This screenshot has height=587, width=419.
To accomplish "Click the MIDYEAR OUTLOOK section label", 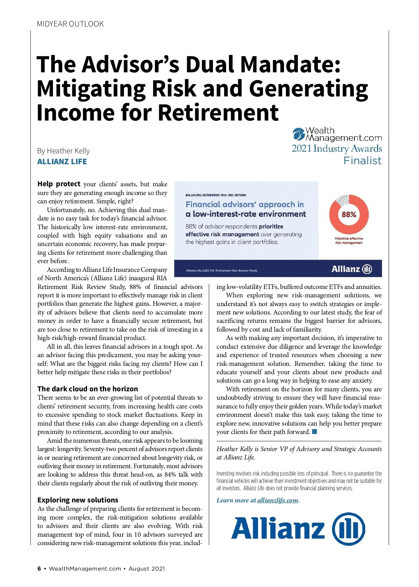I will click(70, 24).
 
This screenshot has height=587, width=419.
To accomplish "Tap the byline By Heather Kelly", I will click(63, 151).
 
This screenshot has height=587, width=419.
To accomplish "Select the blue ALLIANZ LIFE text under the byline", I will click(62, 162).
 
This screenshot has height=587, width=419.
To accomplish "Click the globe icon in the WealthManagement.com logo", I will click(299, 134).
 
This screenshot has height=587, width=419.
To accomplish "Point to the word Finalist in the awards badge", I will click(362, 161).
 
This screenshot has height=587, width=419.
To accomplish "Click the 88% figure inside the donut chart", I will click(349, 215).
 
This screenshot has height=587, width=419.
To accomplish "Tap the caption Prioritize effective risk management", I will click(349, 241).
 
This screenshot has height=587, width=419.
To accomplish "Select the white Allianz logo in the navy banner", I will click(351, 269).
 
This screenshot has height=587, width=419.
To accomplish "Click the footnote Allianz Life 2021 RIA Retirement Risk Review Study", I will click(222, 270).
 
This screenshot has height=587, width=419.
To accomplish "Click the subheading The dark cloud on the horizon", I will click(88, 389).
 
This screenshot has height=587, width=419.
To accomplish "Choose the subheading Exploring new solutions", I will click(78, 500).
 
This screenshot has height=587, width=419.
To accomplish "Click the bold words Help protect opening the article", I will click(59, 184).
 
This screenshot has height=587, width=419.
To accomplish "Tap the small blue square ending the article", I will click(314, 432).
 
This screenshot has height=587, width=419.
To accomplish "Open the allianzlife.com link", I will click(278, 500).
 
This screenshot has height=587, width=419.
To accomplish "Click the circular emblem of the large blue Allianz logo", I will click(348, 529).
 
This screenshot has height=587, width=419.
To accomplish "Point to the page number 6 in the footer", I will click(39, 568).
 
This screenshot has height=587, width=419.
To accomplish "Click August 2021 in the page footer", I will click(146, 568).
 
